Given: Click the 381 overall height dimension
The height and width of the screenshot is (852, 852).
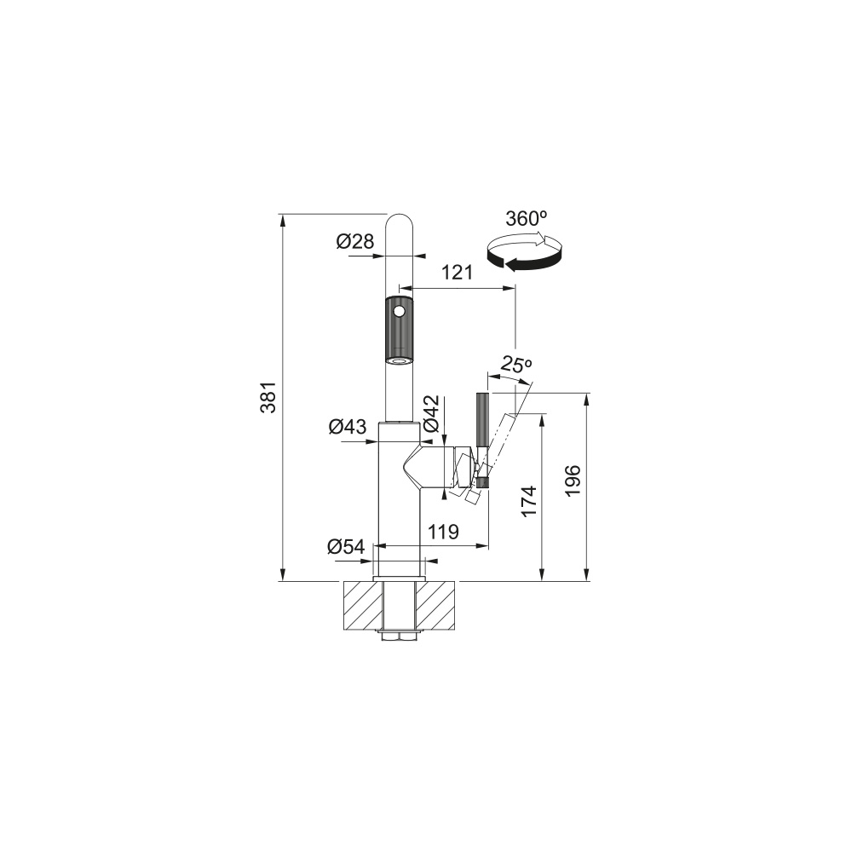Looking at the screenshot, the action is tap(268, 397).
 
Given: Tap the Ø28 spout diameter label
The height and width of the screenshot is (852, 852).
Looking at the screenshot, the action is tap(354, 241).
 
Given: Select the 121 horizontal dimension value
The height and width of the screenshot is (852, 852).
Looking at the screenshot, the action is tap(457, 273).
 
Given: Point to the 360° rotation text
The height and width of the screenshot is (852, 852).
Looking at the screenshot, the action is tap(526, 218).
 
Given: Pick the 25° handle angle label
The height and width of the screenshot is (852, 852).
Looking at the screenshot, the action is tap(515, 364).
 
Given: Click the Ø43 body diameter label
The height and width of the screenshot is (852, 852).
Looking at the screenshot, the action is tap(348, 427).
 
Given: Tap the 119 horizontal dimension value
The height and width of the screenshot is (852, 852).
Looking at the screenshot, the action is tap(443, 532).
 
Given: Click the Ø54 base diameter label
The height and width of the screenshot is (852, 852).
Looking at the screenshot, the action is tap(346, 547).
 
